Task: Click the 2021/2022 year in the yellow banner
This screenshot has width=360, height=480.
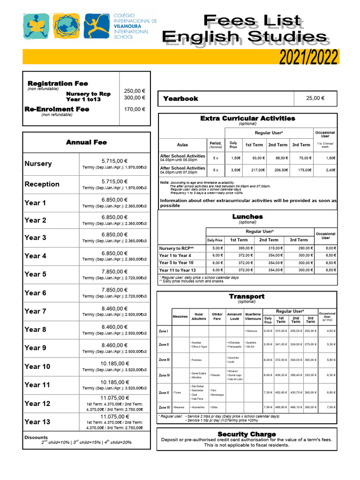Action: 308,57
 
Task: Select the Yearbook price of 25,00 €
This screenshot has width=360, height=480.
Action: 315,98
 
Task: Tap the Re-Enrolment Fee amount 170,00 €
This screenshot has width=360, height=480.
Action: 135,109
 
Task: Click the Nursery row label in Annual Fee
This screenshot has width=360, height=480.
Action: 38,164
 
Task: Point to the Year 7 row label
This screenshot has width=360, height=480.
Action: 35,311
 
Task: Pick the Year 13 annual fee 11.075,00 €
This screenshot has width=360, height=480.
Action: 114,416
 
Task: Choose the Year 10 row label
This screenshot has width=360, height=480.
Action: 37,367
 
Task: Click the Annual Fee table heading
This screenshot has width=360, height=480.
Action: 86,142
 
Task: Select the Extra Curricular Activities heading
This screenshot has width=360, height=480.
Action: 247,118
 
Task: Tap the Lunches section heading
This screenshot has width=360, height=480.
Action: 247,217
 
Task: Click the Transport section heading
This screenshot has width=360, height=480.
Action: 247,296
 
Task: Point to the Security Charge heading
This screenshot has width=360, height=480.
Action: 247,434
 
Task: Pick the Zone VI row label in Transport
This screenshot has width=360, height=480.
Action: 164,407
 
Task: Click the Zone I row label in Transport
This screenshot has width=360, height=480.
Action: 164,331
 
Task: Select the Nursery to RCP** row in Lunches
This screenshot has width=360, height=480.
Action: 176,248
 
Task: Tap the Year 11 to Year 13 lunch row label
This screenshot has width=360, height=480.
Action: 177,270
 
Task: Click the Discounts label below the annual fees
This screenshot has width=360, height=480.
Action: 36,437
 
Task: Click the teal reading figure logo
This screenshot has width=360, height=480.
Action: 36,25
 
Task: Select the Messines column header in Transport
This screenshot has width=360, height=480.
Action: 180,316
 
